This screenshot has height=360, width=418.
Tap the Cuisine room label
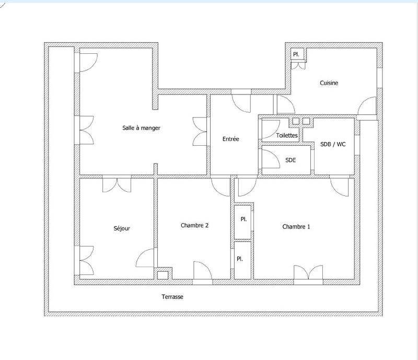coord(329,83)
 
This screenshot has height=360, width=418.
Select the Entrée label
coord(230,139)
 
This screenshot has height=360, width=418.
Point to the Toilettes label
coord(287,135)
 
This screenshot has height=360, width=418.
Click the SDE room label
coord(291,160)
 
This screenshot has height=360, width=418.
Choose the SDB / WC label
coord(333,144)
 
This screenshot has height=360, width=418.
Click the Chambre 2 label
coord(195,226)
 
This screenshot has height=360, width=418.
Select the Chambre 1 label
coord(296,227)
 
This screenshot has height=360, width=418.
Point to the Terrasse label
coord(172,297)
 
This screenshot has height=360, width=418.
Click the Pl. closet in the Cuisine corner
coord(296,54)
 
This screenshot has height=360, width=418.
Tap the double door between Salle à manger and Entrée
coord(201,131)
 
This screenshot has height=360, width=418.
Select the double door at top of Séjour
coord(117,185)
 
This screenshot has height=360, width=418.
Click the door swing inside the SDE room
coord(270,157)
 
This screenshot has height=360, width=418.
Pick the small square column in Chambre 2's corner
coord(163,274)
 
